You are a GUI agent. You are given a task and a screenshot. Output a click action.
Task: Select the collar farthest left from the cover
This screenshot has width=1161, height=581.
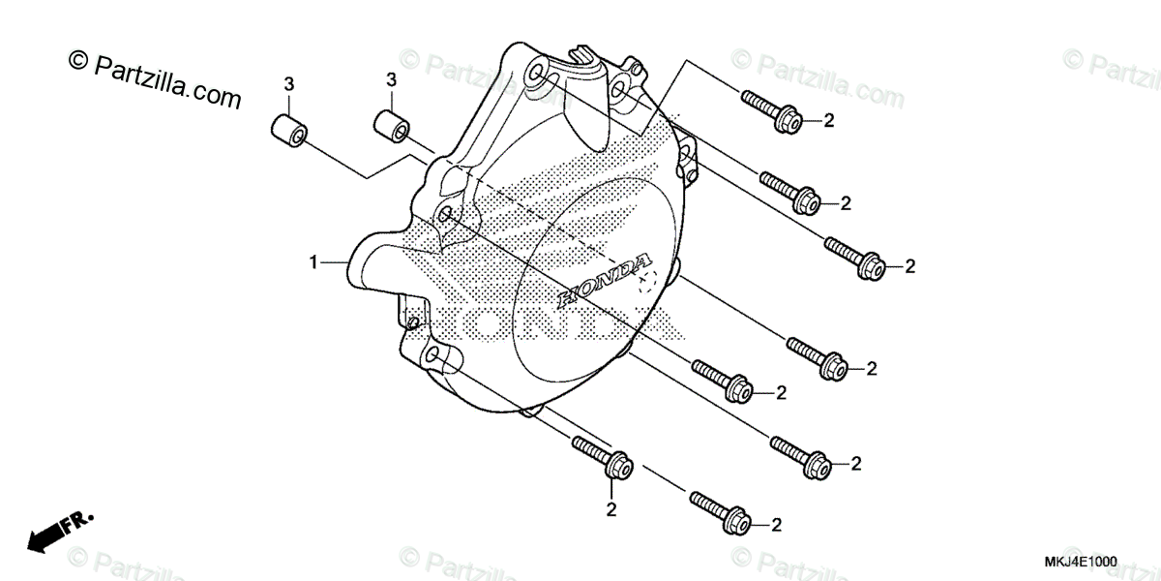click(x=287, y=129)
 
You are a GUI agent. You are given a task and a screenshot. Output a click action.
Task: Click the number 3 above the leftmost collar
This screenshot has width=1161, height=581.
click(x=288, y=85)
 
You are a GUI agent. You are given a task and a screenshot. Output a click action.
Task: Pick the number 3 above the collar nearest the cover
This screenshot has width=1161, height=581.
click(x=391, y=77)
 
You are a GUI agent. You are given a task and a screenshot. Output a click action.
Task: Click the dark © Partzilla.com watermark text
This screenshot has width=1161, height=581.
click(x=155, y=78)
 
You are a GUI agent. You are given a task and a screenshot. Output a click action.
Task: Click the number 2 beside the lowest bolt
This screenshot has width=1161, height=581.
click(x=776, y=524)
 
